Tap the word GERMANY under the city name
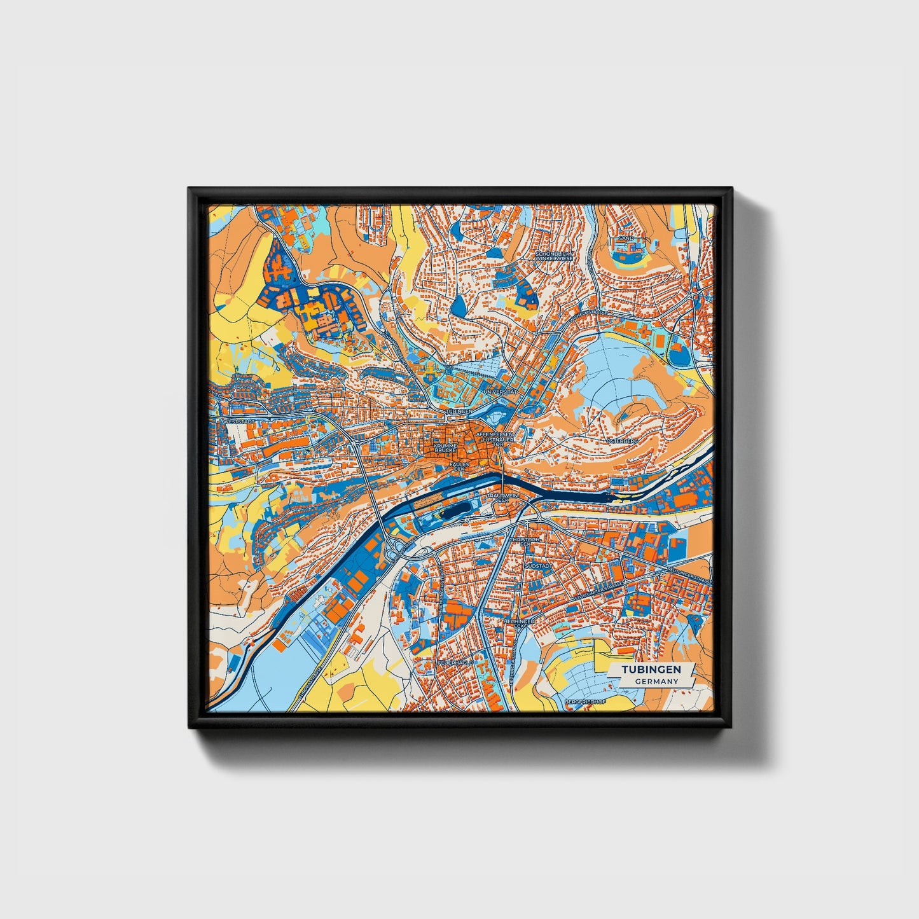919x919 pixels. coord(656,681)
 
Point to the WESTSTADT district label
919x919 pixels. coord(238,421)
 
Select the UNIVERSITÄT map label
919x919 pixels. coord(501,393)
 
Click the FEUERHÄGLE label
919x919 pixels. coord(453,662)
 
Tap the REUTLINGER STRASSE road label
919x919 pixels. coord(689,576)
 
